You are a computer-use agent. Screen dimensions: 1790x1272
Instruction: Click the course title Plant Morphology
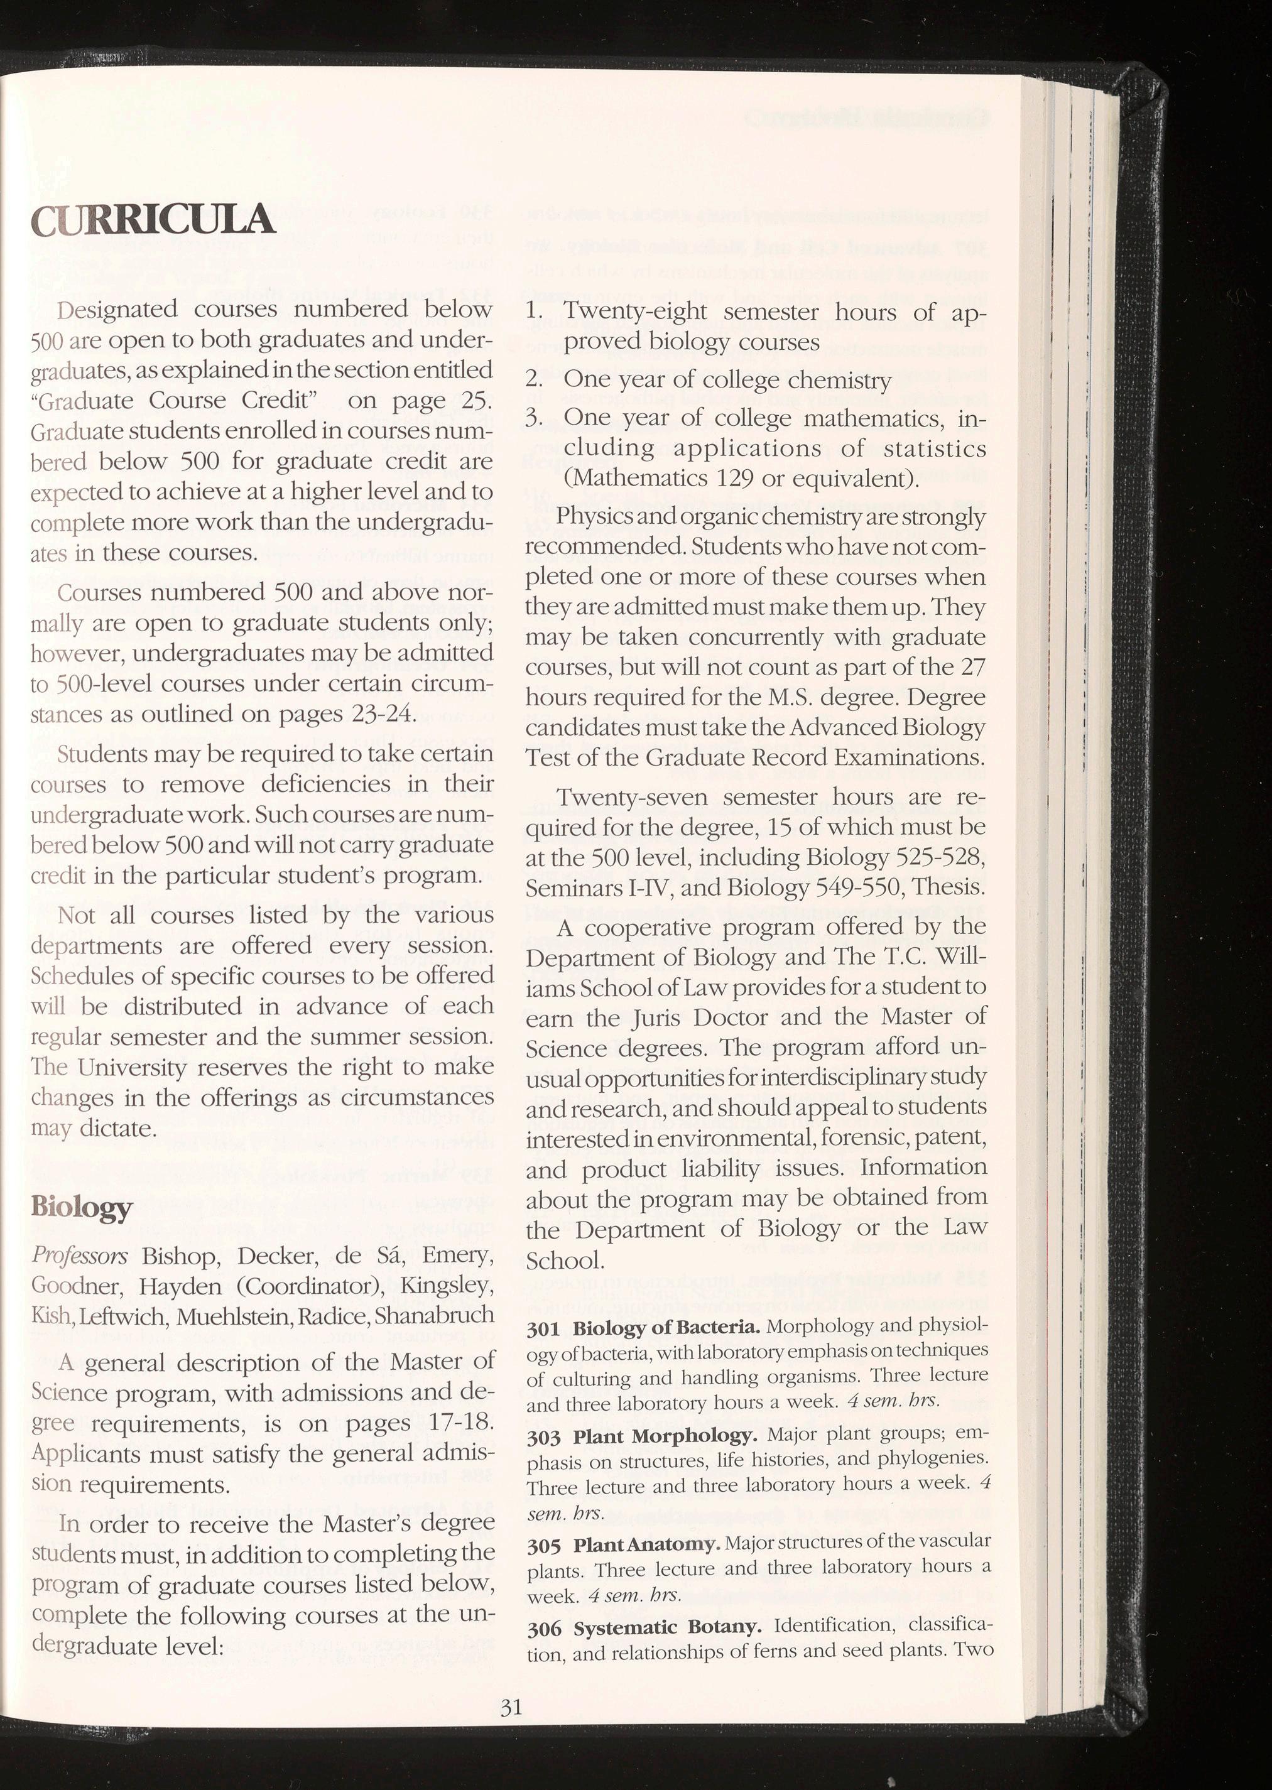(x=665, y=1437)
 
